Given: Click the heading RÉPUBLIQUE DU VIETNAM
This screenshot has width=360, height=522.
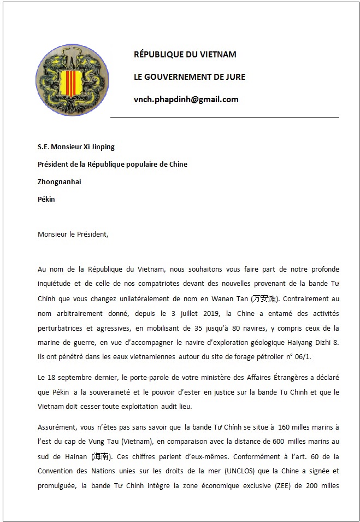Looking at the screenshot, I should click(x=185, y=55).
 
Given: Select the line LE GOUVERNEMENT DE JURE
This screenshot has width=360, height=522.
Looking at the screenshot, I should click(x=190, y=77).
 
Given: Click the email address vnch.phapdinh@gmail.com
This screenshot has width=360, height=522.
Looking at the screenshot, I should click(x=186, y=99).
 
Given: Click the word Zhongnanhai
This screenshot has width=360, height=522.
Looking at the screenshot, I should click(x=59, y=182).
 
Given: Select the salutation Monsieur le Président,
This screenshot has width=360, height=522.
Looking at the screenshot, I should click(x=73, y=234).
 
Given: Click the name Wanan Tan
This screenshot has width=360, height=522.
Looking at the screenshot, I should click(x=232, y=299).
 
